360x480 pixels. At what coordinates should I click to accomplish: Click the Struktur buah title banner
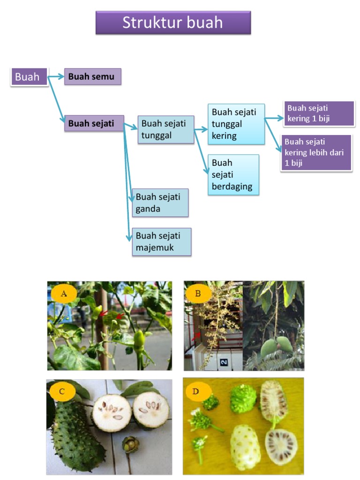(x=173, y=23)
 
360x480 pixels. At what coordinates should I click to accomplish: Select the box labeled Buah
(x=29, y=77)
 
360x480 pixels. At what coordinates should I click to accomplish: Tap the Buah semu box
(x=92, y=76)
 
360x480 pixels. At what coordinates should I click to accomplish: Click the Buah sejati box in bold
(x=94, y=123)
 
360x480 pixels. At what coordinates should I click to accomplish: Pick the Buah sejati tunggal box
(x=165, y=129)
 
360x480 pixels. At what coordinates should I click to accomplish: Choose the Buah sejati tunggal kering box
(x=236, y=124)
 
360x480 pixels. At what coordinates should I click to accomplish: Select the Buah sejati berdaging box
(x=233, y=174)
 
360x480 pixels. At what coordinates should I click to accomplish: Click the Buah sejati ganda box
(x=160, y=203)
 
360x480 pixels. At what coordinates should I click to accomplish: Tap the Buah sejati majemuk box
(x=161, y=242)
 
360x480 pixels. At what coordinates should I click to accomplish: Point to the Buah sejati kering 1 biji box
(x=319, y=113)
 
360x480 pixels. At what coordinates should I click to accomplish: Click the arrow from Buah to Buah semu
(x=56, y=76)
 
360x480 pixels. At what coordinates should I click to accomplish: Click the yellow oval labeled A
(x=64, y=294)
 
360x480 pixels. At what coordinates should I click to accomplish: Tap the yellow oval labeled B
(x=197, y=294)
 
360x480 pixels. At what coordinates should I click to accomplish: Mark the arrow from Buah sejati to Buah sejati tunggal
(x=131, y=126)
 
